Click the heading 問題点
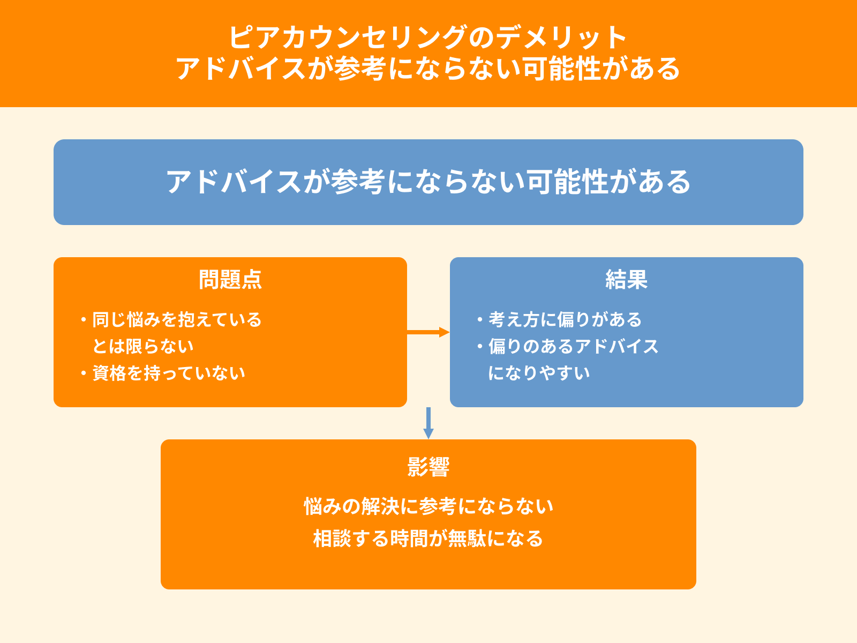coord(230,280)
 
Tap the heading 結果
coord(626,280)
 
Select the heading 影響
coord(428,467)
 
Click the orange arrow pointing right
coord(428,332)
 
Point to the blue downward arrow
coord(428,423)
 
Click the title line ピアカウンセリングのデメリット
coord(428,38)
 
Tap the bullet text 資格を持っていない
coord(169,373)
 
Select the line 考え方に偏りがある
coord(565,319)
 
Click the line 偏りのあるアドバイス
coord(573,346)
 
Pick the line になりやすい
coord(539,373)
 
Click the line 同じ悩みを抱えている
coord(177,319)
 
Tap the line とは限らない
coord(142,346)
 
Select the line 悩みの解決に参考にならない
coord(428,506)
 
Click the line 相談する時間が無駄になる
coord(428,539)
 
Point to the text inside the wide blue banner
coord(428,182)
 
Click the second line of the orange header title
coord(428,69)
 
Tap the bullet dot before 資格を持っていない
coord(84,373)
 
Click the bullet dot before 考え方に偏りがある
coord(480,319)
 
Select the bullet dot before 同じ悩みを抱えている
coord(84,319)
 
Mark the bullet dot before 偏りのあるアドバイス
coord(480,346)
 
